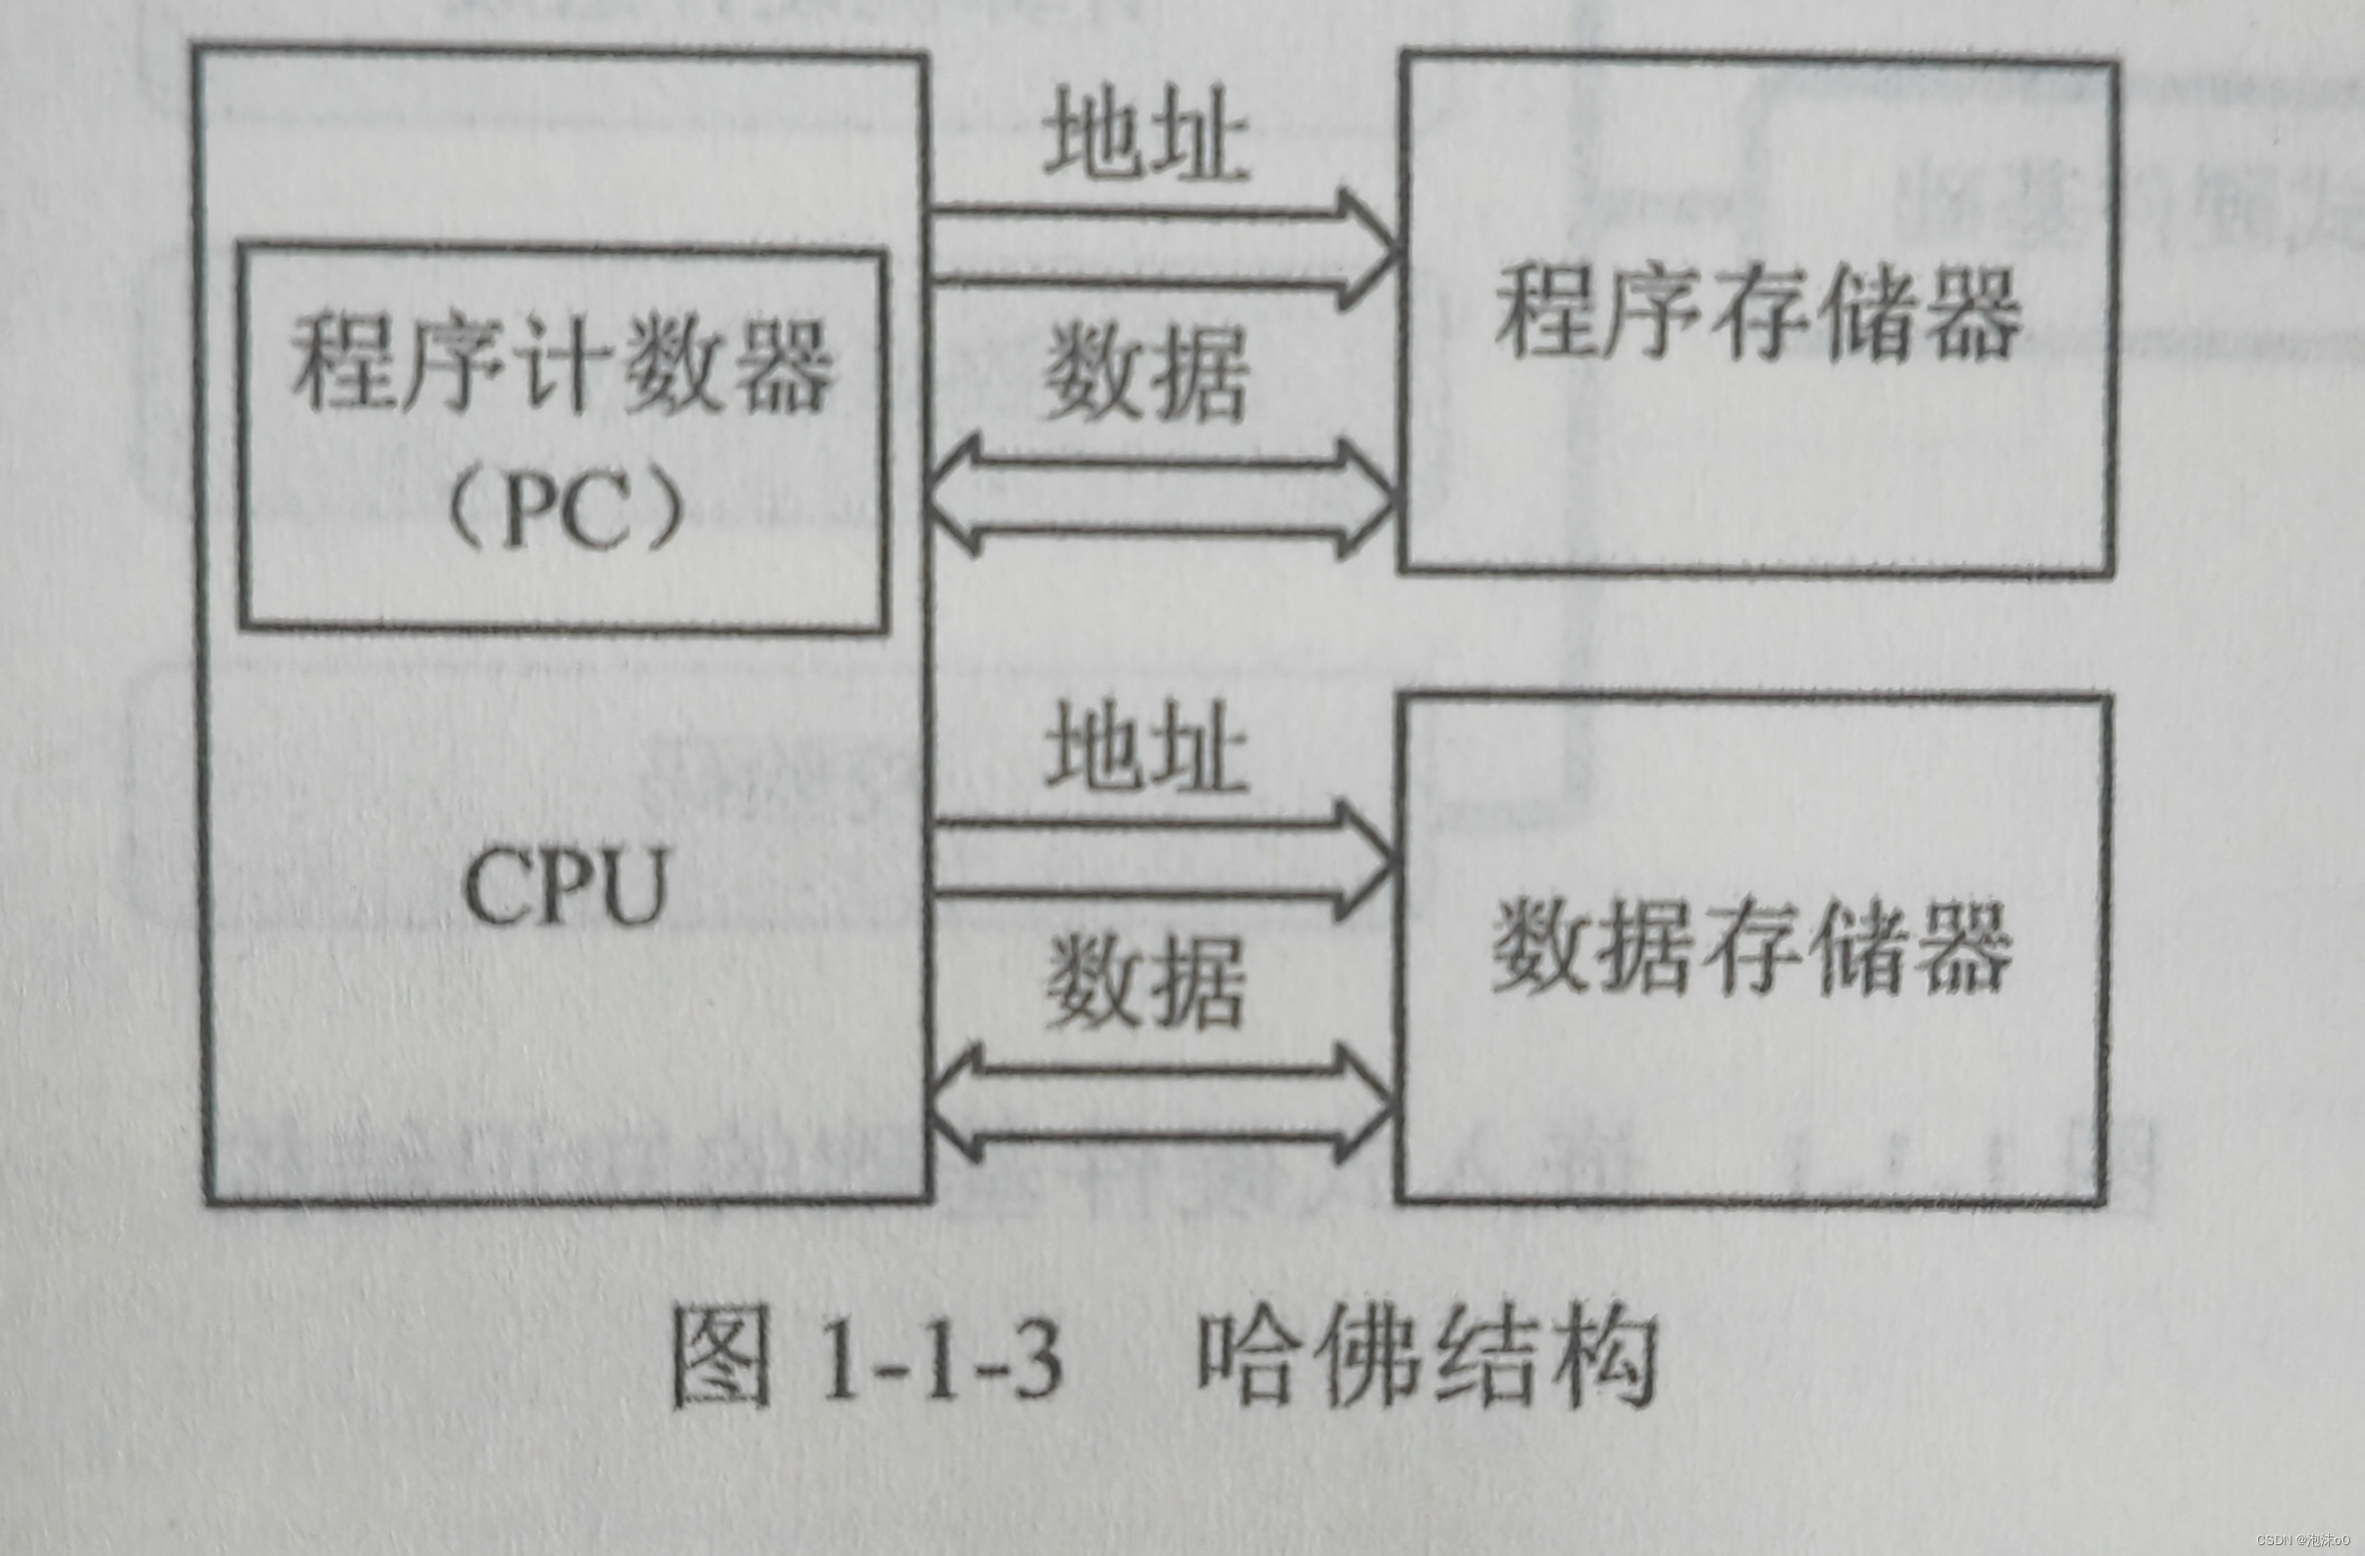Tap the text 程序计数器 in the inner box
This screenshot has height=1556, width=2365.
[562, 365]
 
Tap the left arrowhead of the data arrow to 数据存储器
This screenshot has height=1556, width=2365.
[954, 1104]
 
